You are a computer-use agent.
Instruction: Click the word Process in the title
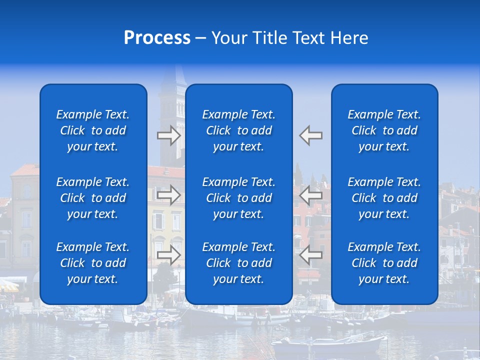click(x=157, y=38)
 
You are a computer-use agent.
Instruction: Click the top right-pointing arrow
click(x=168, y=135)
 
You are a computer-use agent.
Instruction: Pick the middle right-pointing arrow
click(x=168, y=195)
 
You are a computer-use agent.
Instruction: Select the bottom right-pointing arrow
click(x=168, y=254)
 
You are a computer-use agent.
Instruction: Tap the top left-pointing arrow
click(x=311, y=135)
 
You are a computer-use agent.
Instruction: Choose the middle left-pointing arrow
click(x=311, y=195)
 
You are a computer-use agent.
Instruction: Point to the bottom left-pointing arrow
click(x=311, y=254)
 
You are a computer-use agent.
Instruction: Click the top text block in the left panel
click(x=93, y=130)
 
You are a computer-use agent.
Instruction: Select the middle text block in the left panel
click(x=93, y=198)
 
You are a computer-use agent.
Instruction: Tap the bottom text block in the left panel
click(x=93, y=263)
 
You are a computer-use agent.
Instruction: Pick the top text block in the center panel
click(x=238, y=130)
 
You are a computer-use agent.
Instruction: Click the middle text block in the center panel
click(x=238, y=198)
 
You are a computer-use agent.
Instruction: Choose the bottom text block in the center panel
click(x=238, y=263)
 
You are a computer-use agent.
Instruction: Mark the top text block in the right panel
click(x=384, y=130)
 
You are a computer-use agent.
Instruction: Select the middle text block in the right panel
click(x=384, y=198)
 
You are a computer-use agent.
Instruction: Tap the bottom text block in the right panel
click(x=384, y=263)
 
